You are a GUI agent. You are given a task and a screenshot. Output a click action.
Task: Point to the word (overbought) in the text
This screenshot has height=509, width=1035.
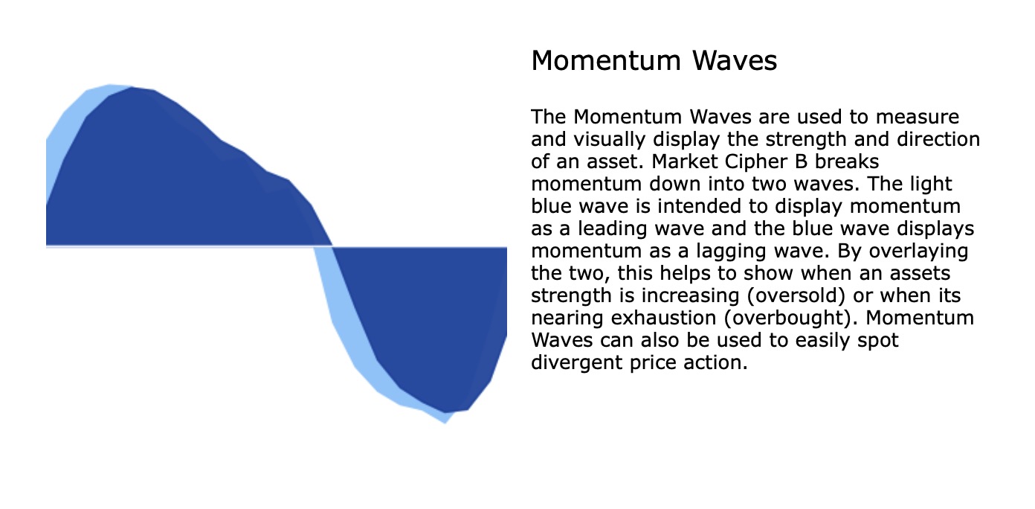tap(799, 318)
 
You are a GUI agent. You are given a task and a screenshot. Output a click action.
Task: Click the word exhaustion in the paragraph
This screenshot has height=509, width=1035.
tap(657, 318)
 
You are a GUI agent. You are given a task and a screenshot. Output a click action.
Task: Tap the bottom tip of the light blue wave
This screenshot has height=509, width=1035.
tap(445, 422)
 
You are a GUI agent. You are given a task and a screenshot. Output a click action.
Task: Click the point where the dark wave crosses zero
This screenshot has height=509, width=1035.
tap(332, 246)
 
